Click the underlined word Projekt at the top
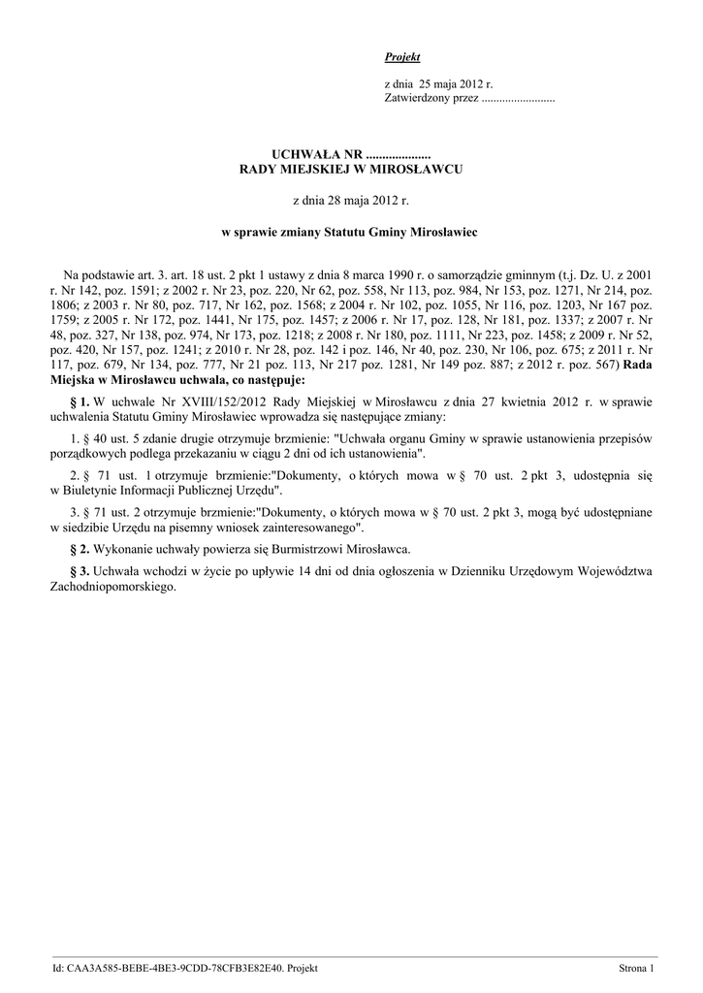click(x=402, y=58)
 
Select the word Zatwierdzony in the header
click(x=416, y=99)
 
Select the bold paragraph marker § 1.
click(x=80, y=400)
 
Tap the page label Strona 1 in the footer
click(x=638, y=968)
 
